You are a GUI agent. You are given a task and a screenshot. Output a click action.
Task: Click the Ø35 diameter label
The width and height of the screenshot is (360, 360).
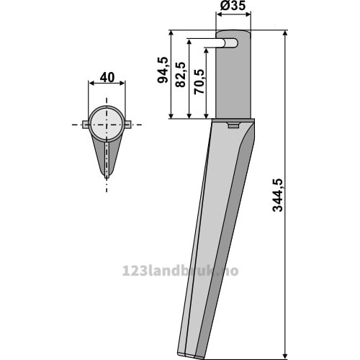(233, 6)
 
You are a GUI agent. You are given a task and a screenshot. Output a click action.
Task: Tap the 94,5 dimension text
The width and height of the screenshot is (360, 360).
(163, 70)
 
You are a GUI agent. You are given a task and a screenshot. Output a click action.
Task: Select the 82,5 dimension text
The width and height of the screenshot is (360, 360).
(181, 75)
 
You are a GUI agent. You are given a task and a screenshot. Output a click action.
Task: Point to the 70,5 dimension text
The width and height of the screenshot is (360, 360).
(199, 81)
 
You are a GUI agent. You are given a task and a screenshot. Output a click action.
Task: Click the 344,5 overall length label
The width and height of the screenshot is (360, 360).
(278, 195)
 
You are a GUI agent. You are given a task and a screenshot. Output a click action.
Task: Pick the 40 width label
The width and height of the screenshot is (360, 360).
(107, 78)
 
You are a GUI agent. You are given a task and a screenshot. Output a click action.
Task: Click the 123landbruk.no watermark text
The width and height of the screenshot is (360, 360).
(180, 271)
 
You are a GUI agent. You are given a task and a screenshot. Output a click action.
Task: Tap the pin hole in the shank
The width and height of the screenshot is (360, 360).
(232, 43)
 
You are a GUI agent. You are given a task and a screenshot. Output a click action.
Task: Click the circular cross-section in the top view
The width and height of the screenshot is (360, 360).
(107, 124)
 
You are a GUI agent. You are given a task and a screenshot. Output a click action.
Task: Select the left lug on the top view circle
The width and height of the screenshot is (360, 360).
(86, 125)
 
